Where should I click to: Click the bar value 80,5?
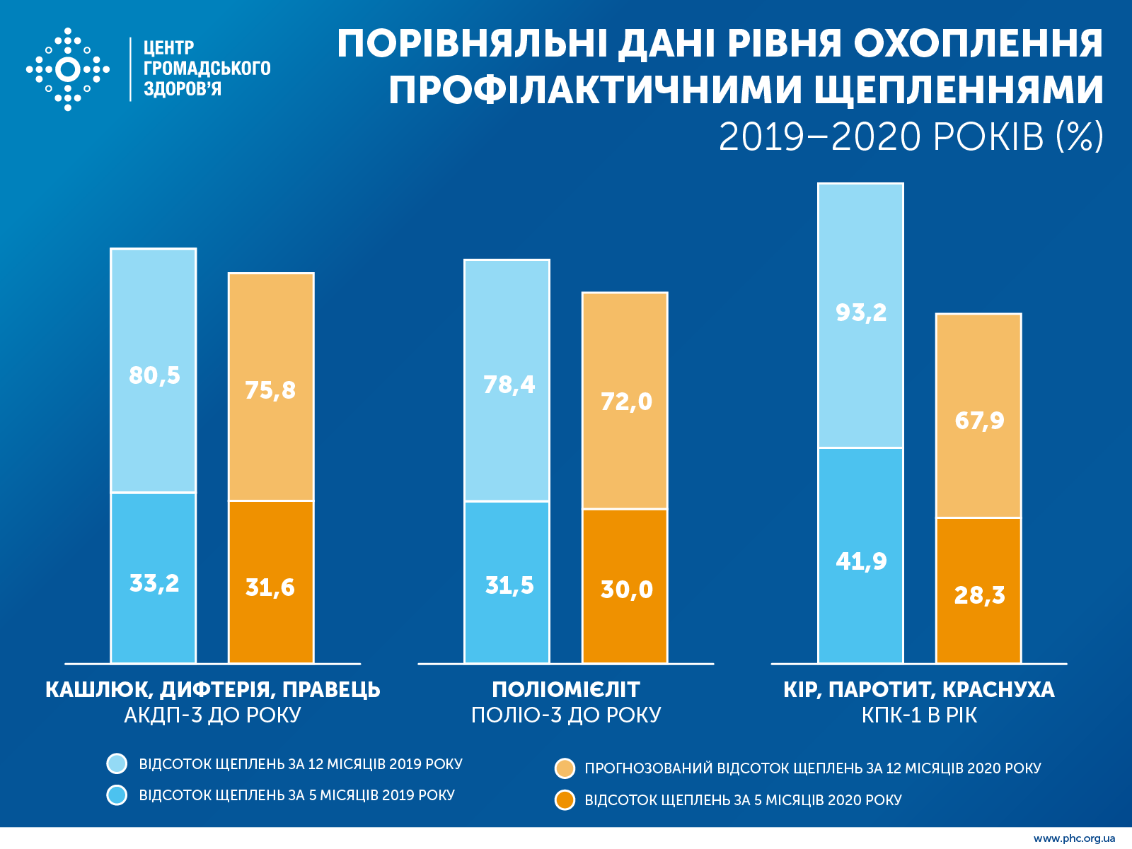[x=154, y=375]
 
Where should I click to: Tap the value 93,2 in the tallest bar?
[x=861, y=312]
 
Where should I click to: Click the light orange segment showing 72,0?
[x=625, y=401]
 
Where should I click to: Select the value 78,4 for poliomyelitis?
[x=509, y=385]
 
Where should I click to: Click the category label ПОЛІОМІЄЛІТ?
[x=566, y=689]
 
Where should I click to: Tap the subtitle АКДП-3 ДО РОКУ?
[x=213, y=715]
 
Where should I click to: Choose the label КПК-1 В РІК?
[x=919, y=715]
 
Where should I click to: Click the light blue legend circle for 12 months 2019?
[x=117, y=763]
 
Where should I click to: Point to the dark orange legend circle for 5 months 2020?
[x=565, y=800]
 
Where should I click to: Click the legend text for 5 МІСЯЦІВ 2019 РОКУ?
[x=296, y=795]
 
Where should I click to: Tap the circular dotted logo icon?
[x=68, y=69]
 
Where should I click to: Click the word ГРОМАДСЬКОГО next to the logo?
[x=207, y=69]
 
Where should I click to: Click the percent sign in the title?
[x=1080, y=136]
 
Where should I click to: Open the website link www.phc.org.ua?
[x=1074, y=838]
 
